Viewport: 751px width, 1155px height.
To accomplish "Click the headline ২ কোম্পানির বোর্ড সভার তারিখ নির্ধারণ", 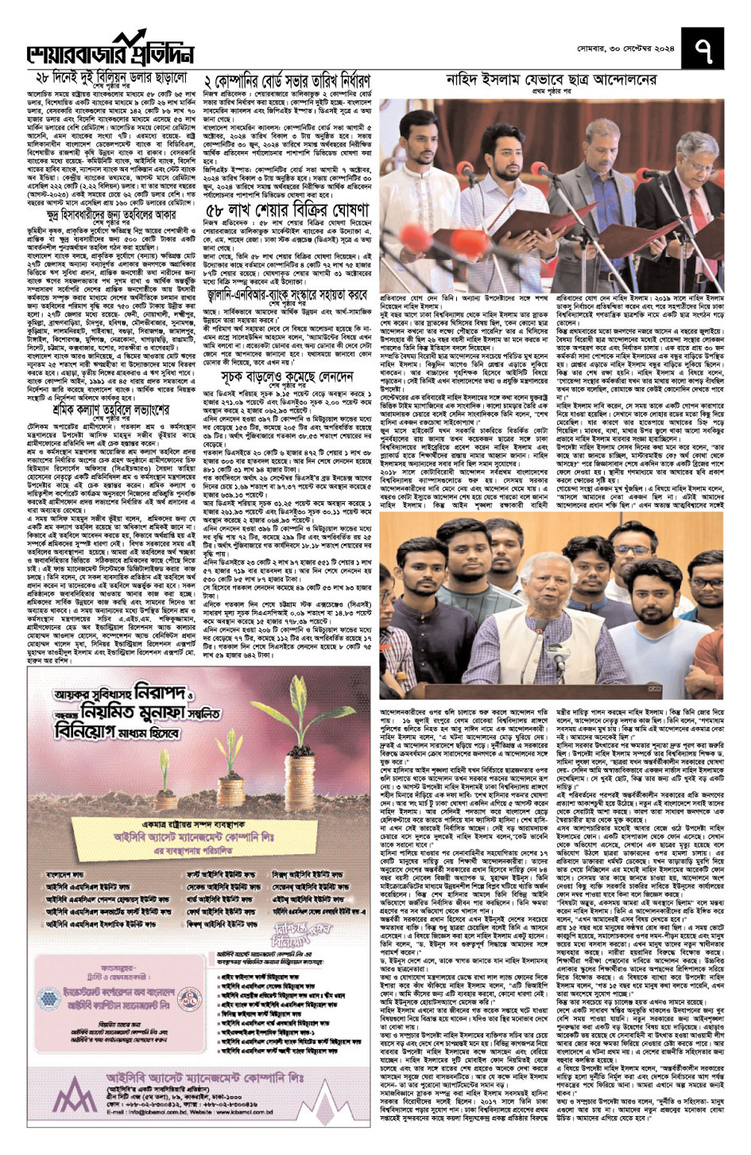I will (x=287, y=81).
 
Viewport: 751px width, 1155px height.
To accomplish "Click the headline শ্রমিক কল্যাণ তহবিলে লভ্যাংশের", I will (x=110, y=433).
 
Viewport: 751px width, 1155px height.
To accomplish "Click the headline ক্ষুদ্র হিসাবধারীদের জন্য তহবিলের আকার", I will (x=110, y=214).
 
